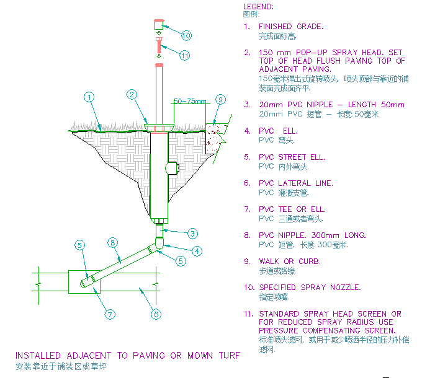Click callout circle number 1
89,97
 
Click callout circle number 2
132,95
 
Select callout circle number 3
193,234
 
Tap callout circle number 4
197,251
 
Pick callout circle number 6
156,314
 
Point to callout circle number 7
110,314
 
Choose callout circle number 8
112,242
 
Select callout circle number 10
186,35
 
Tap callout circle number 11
184,55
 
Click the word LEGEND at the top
257,6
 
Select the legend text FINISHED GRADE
290,27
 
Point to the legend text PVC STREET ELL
291,157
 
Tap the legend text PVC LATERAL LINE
295,183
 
